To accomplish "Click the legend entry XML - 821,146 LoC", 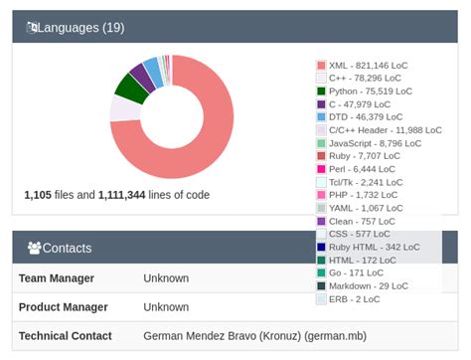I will coord(368,65).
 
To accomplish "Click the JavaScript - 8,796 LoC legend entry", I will coord(375,142).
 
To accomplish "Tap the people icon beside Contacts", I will coord(34,248).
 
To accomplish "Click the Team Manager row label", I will coord(57,278).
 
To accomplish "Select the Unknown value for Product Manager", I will coord(166,306).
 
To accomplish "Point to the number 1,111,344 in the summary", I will coord(129,195).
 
